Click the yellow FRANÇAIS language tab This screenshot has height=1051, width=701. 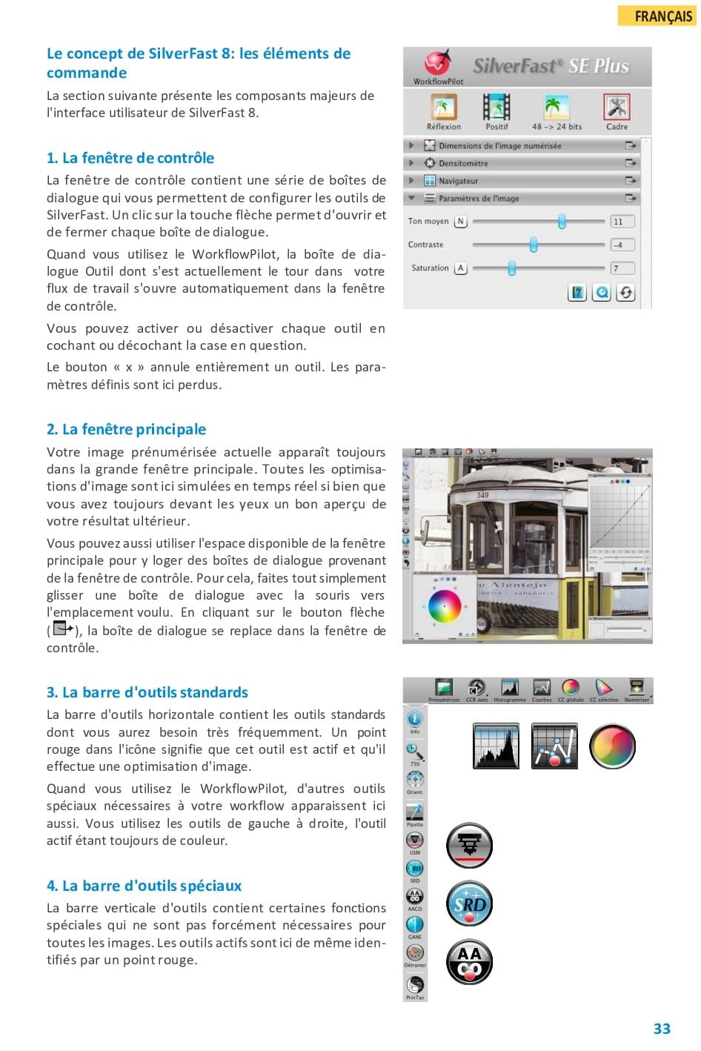tap(657, 16)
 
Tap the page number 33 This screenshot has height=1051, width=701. tap(662, 1029)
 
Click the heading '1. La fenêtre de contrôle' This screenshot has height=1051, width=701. tap(130, 158)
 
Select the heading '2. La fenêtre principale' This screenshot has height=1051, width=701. tap(126, 429)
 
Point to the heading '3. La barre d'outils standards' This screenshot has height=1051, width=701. tap(147, 692)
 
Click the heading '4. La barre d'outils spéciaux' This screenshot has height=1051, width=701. tap(144, 886)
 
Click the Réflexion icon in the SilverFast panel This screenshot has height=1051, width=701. tap(443, 107)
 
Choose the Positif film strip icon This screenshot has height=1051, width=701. tap(496, 107)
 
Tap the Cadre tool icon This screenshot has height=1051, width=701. tap(617, 107)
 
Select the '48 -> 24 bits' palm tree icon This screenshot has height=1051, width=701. tap(557, 107)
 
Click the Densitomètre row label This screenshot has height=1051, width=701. tap(463, 163)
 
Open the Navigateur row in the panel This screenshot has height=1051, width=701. tap(458, 181)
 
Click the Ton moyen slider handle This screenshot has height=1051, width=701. tap(562, 221)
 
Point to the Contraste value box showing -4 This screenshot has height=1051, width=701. tap(622, 245)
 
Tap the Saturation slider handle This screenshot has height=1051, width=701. tap(511, 268)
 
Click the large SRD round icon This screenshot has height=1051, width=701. tap(469, 904)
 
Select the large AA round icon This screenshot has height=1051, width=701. tap(469, 962)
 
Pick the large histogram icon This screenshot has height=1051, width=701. tap(496, 746)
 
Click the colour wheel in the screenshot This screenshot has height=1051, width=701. tap(445, 606)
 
